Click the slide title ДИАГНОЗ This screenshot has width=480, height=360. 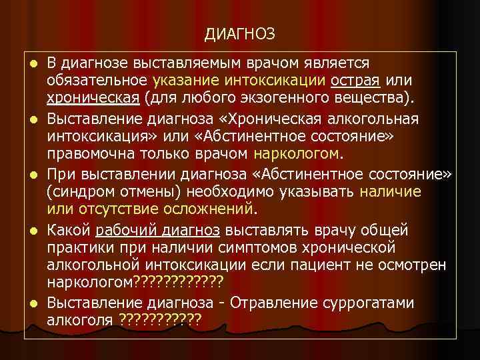tap(240, 33)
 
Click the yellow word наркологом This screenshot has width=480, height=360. tap(296, 155)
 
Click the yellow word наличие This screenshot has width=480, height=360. tap(390, 192)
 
